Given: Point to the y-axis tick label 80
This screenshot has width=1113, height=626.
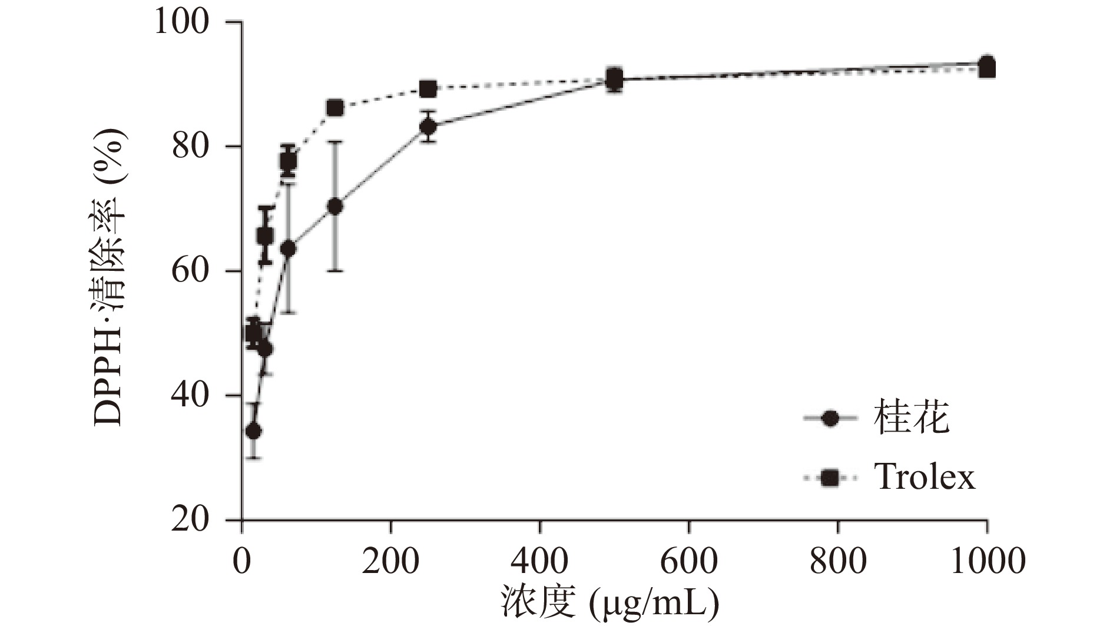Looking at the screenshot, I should click(x=191, y=147).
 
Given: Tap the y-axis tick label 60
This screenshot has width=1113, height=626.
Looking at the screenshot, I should click(x=191, y=271).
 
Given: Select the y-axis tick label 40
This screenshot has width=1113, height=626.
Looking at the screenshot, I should click(x=191, y=396).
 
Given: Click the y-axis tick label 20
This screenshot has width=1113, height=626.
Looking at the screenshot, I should click(x=191, y=521).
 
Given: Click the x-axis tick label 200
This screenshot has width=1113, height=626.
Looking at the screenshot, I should click(x=391, y=561).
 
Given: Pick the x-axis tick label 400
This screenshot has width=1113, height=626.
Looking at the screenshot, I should click(x=540, y=561).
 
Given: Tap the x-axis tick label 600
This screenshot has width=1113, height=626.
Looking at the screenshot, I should click(x=689, y=561).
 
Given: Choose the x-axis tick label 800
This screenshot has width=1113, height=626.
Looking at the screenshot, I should click(x=838, y=561).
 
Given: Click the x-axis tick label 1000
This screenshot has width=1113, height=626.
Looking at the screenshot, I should click(x=988, y=561).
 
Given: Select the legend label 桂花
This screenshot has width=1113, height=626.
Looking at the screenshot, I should click(x=912, y=418).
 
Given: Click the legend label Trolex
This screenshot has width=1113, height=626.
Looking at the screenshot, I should click(x=925, y=477).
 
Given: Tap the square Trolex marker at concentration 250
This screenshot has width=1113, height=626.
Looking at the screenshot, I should click(x=429, y=90).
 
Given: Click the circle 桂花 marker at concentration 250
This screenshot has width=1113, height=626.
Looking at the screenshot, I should click(x=429, y=127).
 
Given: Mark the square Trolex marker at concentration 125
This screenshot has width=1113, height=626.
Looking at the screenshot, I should click(x=335, y=108).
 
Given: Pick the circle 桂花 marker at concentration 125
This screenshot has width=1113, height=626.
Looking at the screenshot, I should click(x=335, y=207).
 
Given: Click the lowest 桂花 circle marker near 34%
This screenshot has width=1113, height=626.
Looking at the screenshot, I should click(x=254, y=432).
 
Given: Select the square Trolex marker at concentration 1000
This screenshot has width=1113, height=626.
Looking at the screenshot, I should click(x=987, y=70).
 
